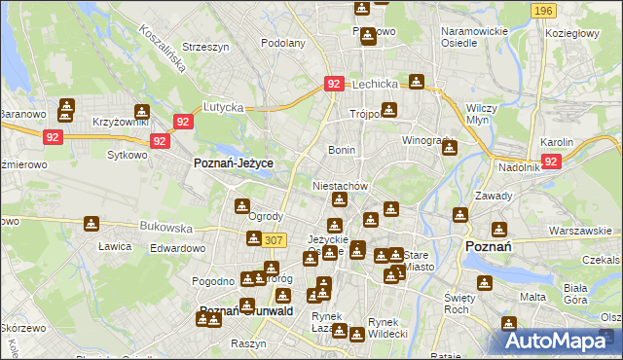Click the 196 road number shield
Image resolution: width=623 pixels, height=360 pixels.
click(544, 10)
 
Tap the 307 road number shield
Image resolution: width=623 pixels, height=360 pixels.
click(274, 240)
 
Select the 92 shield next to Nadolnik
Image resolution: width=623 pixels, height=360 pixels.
click(552, 161)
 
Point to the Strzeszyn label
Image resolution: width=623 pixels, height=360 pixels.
click(204, 46)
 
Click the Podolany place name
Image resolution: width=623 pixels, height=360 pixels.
click(283, 43)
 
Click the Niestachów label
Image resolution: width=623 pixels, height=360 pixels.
click(339, 185)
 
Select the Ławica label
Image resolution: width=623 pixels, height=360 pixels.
click(114, 246)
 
